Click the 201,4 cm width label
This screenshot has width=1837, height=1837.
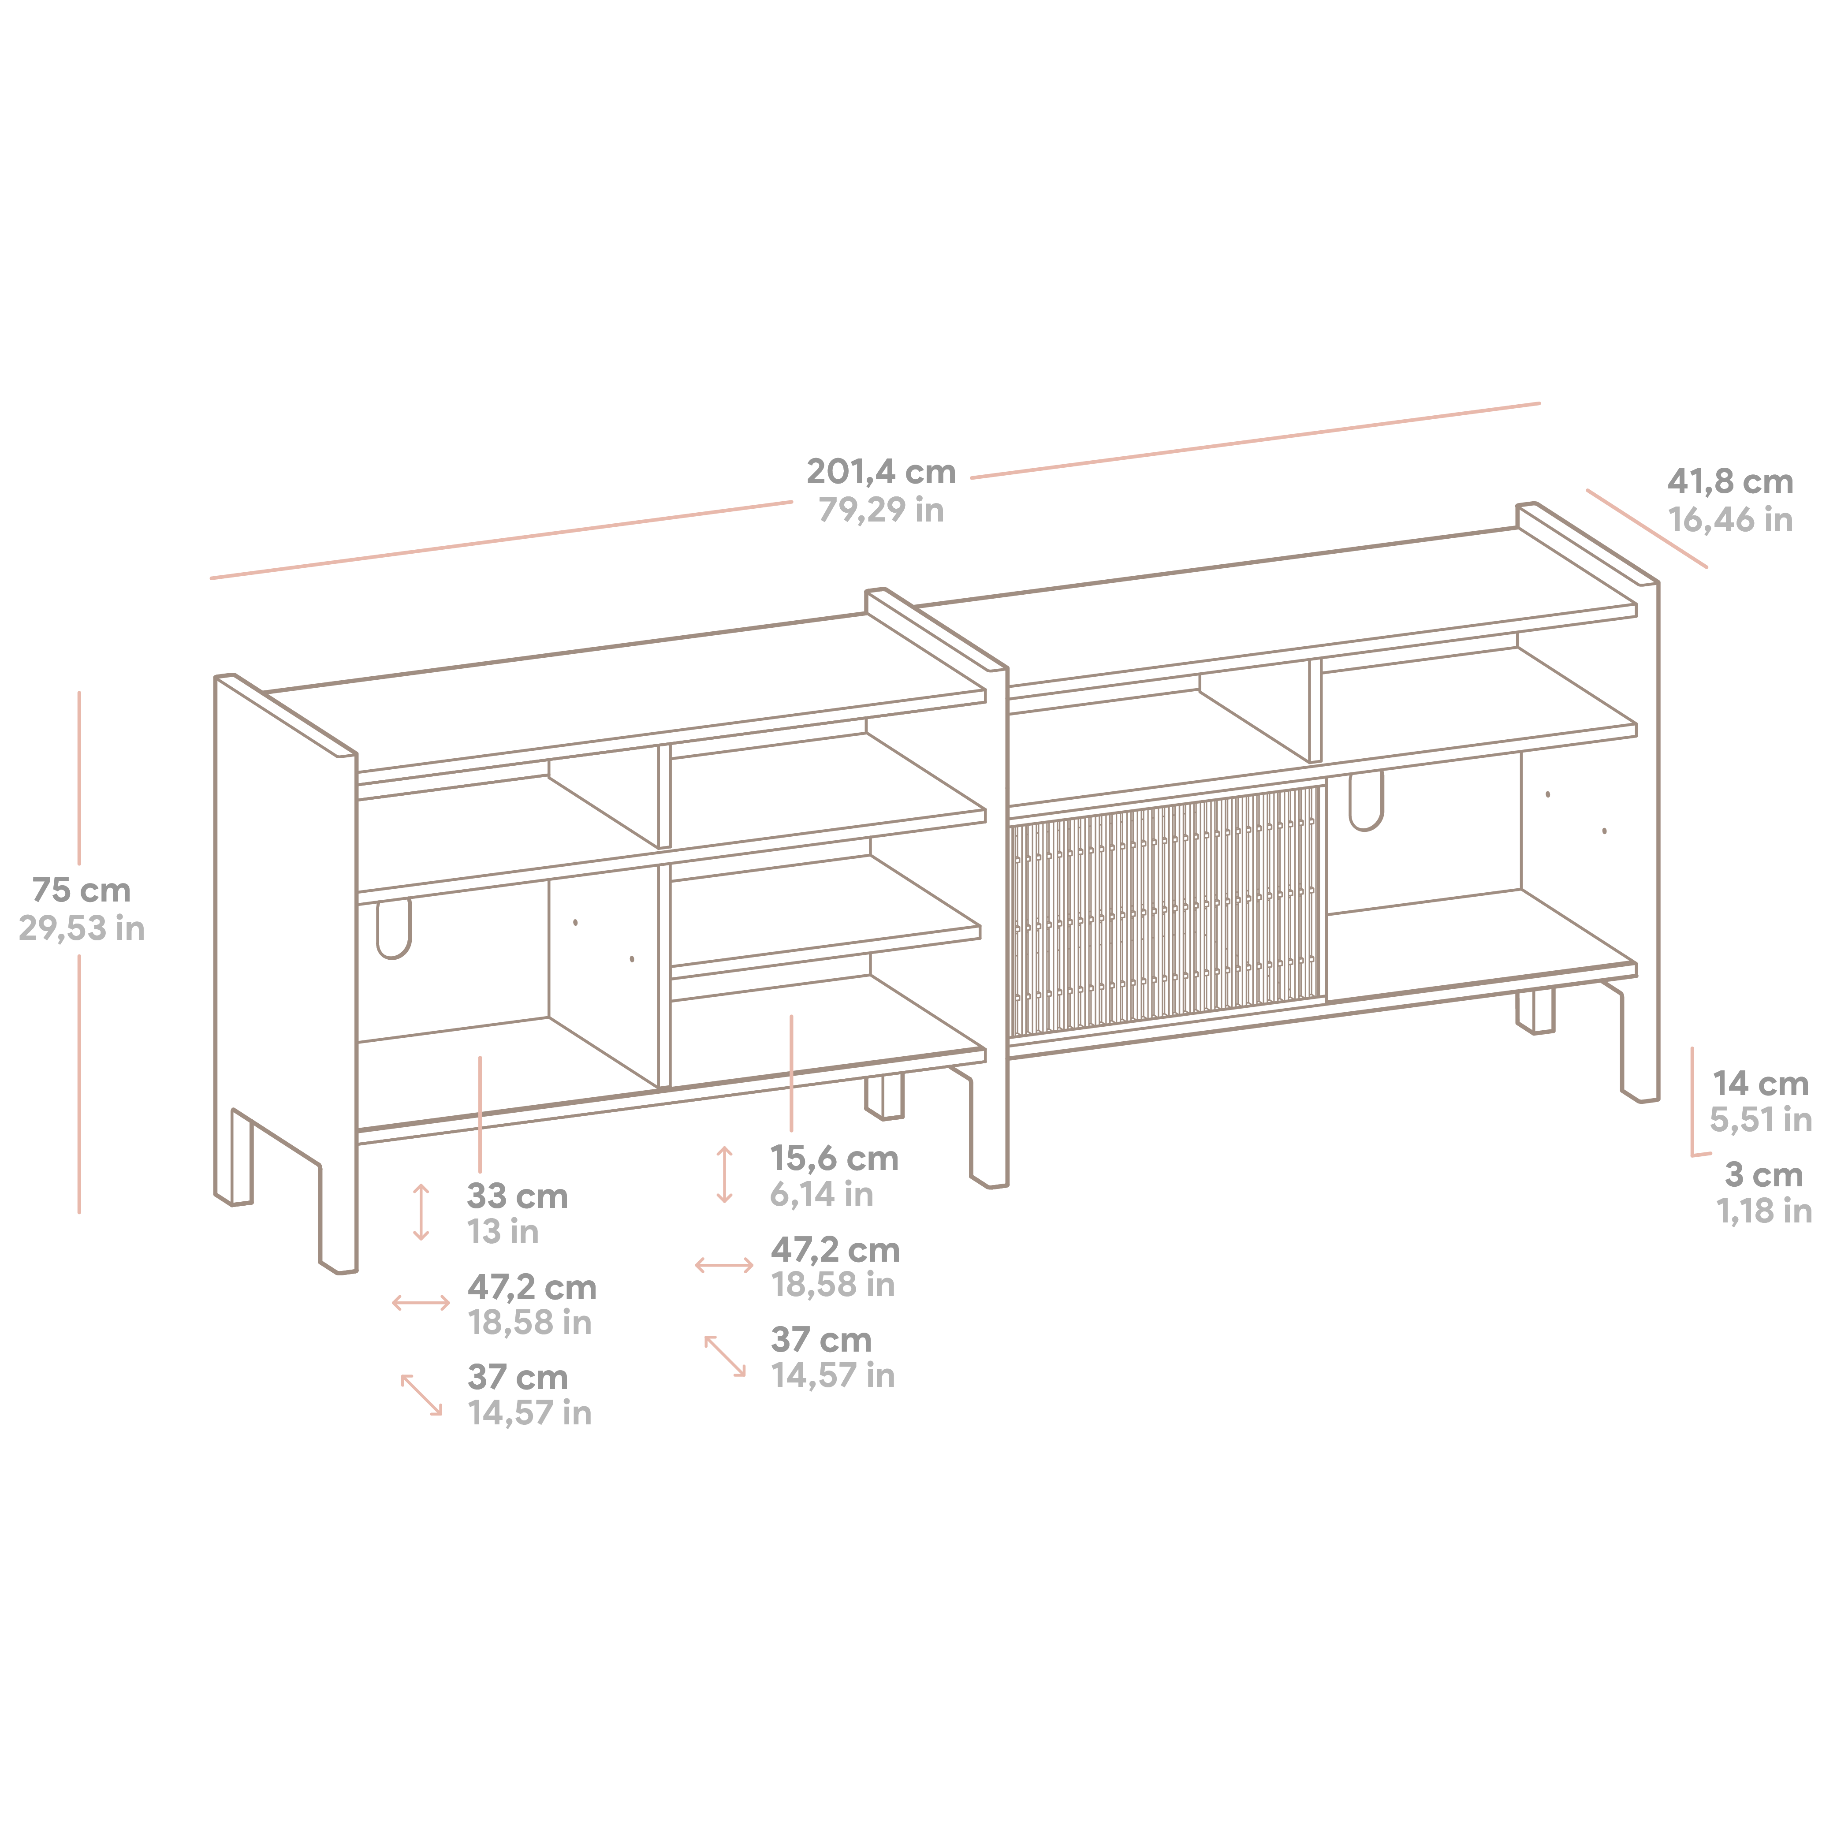click(x=880, y=472)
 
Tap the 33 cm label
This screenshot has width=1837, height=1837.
click(x=517, y=1196)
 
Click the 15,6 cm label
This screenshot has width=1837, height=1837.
click(x=834, y=1158)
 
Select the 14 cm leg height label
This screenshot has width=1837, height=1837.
click(x=1760, y=1083)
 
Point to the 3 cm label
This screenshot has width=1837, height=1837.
click(x=1764, y=1175)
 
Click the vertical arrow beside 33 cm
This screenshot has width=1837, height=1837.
click(x=421, y=1212)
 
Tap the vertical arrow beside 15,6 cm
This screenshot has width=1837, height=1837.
click(x=725, y=1175)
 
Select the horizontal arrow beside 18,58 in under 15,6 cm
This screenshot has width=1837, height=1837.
click(x=725, y=1266)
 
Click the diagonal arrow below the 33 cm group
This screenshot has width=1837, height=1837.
click(x=421, y=1395)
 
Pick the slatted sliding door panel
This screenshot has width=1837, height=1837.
click(x=1168, y=911)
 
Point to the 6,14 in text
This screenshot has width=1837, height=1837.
click(x=822, y=1194)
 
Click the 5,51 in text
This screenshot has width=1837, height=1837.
click(x=1760, y=1120)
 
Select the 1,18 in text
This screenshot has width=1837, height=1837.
click(x=1764, y=1211)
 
